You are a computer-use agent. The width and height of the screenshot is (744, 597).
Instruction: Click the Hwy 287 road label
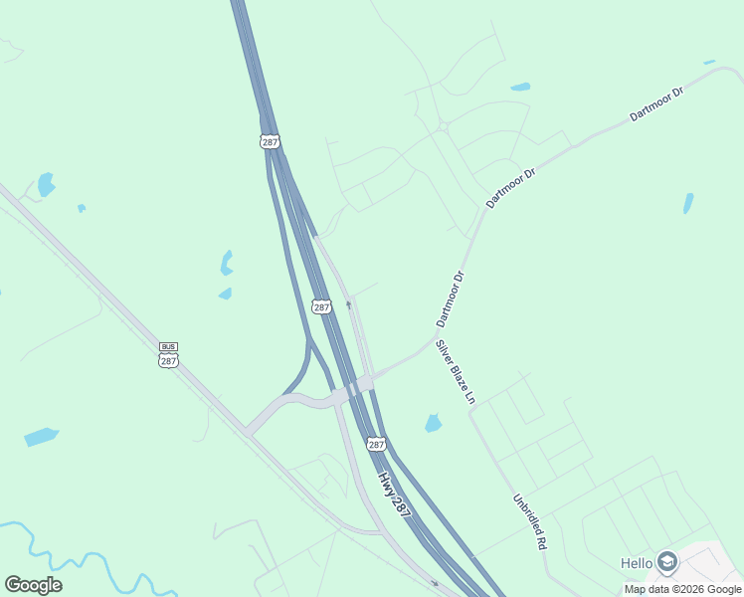[x=394, y=492]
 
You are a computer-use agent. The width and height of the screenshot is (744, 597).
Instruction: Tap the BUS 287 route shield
[x=168, y=353]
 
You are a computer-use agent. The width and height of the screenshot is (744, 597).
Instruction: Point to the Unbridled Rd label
[x=530, y=523]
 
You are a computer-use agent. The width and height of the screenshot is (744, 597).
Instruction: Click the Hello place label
[x=637, y=563]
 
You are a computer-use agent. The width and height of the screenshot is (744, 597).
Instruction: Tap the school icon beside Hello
[x=666, y=563]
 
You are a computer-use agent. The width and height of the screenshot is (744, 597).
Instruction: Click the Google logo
[x=33, y=585]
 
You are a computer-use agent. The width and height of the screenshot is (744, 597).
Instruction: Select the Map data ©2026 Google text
[x=681, y=589]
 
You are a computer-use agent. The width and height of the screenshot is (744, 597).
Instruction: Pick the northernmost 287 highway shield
[x=270, y=142]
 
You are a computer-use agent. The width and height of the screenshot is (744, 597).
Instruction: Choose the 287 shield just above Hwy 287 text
[x=376, y=445]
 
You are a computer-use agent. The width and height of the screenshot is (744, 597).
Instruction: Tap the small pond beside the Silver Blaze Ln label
[x=433, y=423]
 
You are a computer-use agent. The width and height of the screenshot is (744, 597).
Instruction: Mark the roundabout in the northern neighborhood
[x=444, y=126]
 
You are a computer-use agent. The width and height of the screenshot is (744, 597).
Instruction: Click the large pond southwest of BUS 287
[x=41, y=436]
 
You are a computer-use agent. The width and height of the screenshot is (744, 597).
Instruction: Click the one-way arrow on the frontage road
[x=348, y=304]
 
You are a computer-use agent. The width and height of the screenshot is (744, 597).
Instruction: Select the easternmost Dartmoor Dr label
[x=656, y=104]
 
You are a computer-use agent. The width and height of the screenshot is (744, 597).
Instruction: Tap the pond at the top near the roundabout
[x=519, y=87]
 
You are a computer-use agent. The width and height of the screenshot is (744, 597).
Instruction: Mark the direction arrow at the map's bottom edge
[x=435, y=583]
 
